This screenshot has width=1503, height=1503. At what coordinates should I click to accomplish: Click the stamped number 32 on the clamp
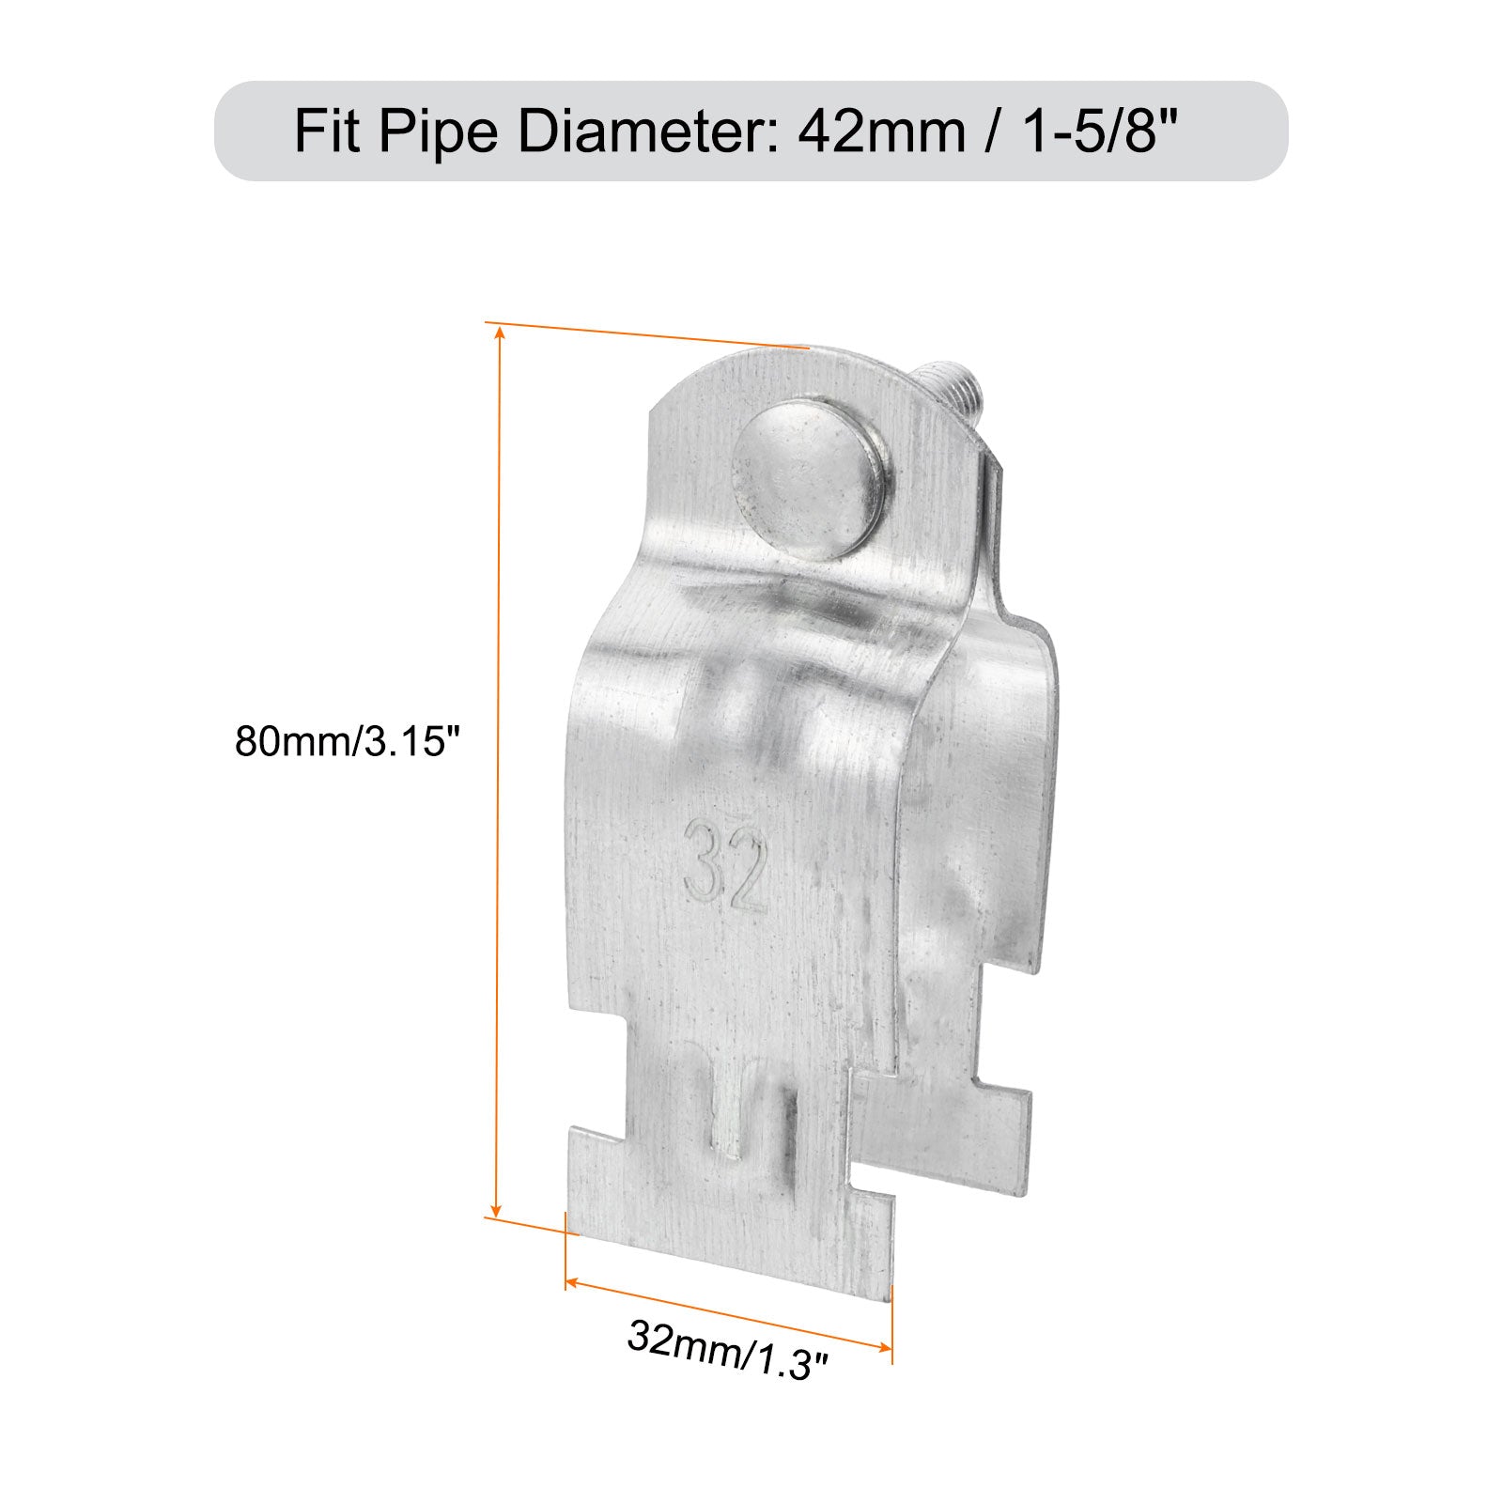[x=726, y=864]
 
